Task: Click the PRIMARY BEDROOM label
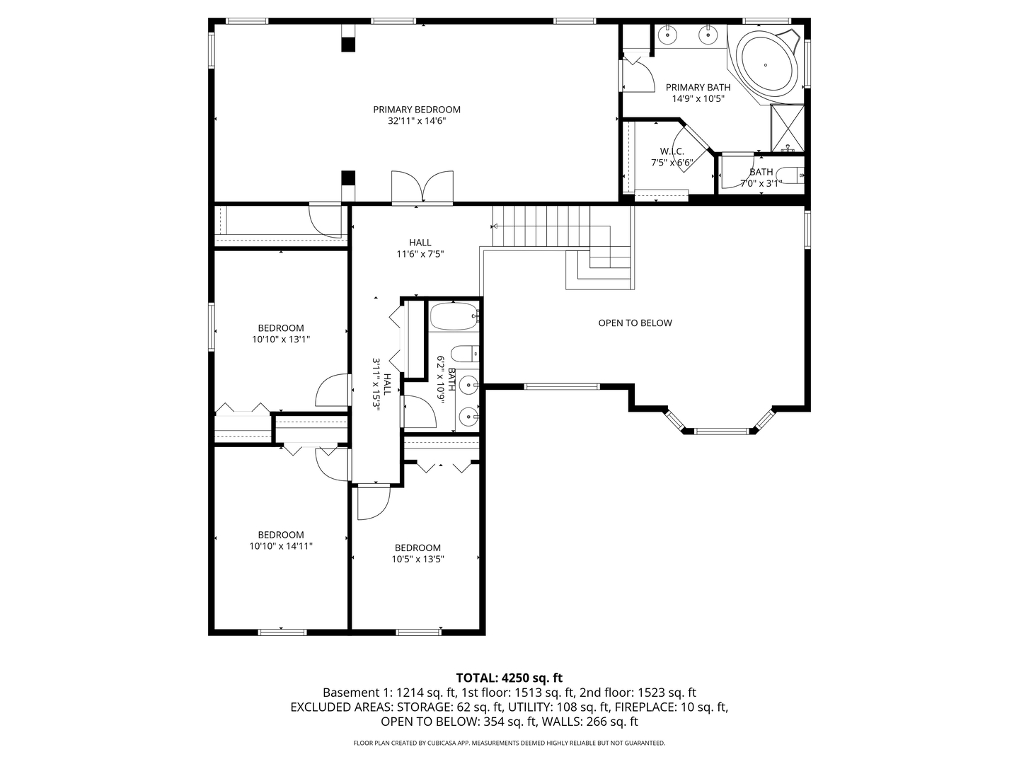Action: click(417, 110)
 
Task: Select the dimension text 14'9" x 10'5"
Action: click(698, 99)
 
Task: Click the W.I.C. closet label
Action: click(672, 151)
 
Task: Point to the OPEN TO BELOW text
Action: click(635, 323)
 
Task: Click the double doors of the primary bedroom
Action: click(422, 187)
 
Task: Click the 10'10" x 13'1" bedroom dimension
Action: click(281, 340)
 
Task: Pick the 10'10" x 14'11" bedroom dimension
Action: click(281, 546)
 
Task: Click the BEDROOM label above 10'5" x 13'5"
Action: click(418, 548)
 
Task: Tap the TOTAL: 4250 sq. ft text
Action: click(509, 678)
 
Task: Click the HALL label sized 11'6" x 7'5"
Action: click(420, 243)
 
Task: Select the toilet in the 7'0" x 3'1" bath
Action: click(790, 174)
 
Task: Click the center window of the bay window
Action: click(720, 430)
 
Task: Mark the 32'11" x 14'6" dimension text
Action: click(417, 121)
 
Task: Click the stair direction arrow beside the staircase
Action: click(495, 226)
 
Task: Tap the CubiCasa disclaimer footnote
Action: click(509, 743)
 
